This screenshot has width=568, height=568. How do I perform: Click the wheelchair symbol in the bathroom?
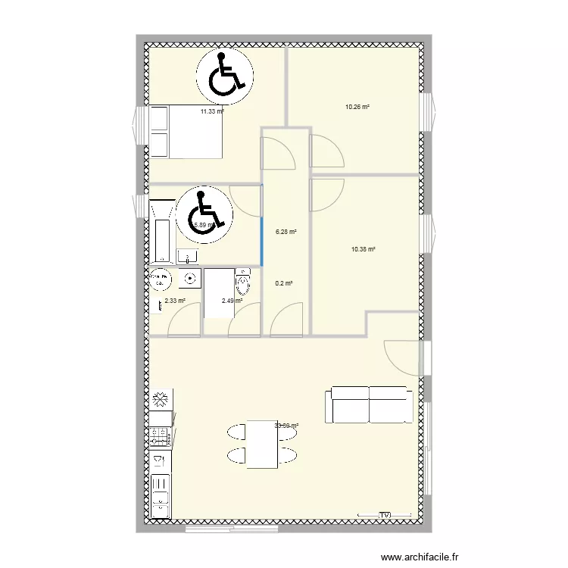202,213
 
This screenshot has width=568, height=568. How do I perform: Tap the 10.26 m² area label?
357,107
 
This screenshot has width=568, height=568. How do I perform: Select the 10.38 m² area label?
364,249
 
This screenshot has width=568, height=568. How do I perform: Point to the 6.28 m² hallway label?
286,233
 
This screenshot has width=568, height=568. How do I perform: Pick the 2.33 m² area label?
174,301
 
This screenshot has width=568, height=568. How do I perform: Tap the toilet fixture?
243,282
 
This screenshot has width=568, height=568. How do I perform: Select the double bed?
186,132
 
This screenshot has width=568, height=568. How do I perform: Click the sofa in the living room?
369,404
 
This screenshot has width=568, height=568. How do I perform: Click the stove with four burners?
160,436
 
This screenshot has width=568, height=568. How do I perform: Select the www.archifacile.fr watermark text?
420,557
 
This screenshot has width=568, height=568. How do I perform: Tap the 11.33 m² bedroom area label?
212,111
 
